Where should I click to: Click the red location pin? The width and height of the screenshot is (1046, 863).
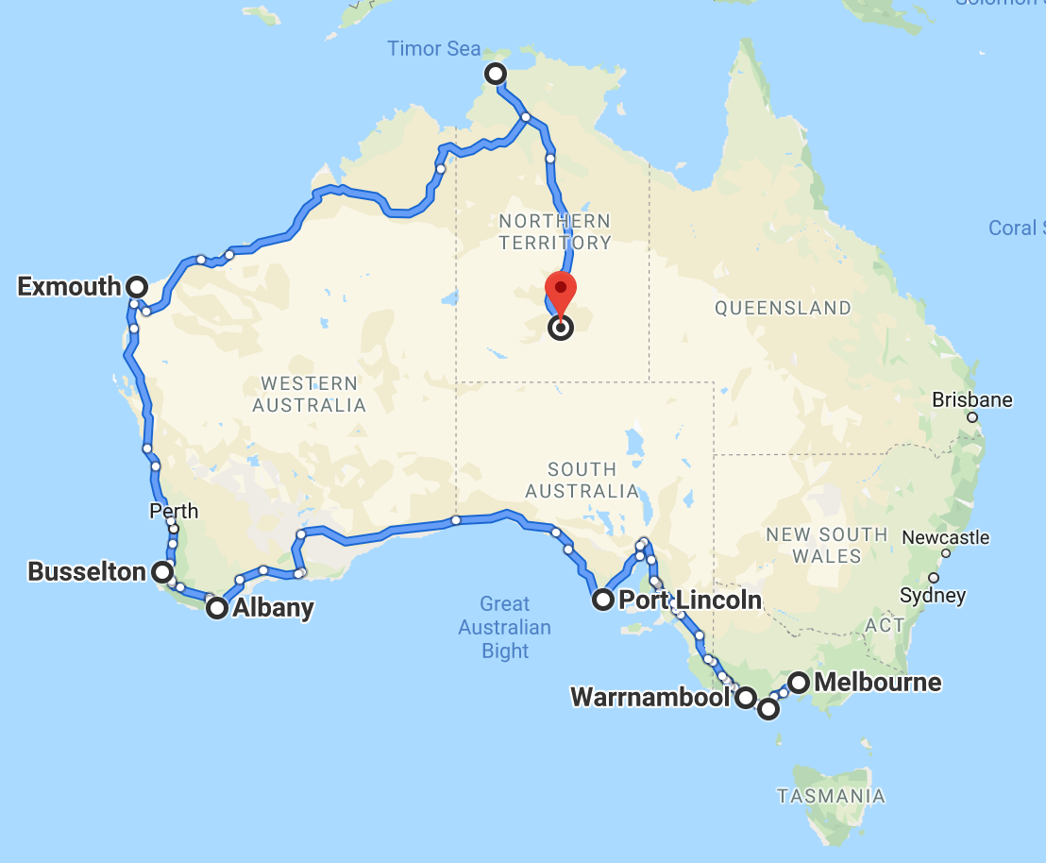coord(561,293)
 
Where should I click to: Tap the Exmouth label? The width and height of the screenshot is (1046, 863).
coord(69,286)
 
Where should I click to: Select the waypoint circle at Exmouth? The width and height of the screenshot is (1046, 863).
coord(137,286)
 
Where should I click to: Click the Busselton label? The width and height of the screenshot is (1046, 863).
coord(87,571)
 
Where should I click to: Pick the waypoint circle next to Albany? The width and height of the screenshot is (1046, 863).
coord(217,608)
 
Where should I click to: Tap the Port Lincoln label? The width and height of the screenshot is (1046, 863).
coord(690,600)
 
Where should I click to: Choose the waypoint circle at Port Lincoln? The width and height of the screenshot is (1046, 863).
coord(602,600)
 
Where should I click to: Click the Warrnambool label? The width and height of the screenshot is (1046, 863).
coord(650,698)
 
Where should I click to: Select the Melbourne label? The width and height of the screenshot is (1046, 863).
coord(878,682)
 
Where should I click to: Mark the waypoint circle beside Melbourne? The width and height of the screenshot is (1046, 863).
coord(799,682)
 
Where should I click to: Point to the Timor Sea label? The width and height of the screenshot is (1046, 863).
coord(434,49)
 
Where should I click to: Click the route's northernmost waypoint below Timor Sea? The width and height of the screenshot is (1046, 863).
coord(494,74)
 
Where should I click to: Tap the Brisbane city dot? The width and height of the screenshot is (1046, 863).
coord(972,417)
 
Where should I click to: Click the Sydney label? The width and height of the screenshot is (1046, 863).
coord(934,596)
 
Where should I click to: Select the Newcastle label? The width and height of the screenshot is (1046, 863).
coord(946,538)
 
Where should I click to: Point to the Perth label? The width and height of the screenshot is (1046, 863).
coord(174,511)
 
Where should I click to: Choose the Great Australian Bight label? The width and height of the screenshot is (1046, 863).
coord(505,627)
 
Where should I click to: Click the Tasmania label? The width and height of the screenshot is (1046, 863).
coord(832,796)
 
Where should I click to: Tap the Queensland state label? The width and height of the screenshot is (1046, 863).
coord(783,308)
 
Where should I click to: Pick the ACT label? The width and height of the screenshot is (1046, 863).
coord(886,624)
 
